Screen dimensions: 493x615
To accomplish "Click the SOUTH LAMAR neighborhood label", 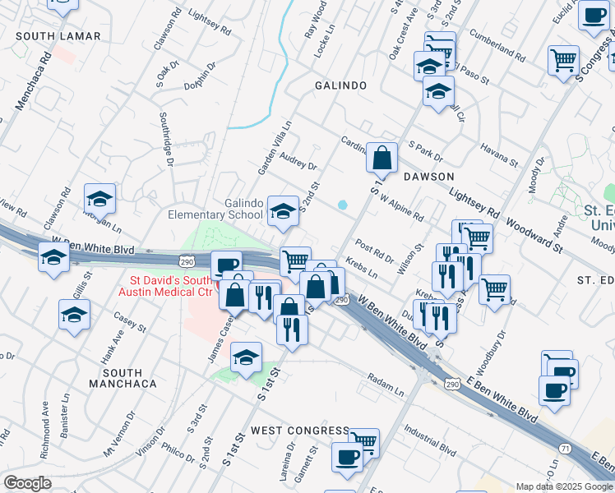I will point(58,36).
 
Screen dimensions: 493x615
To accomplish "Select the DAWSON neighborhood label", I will point(428,177).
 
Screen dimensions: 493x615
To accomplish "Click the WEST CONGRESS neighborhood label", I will point(300,431).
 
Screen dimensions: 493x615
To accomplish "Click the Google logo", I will point(27,482).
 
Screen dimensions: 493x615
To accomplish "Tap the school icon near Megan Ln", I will point(99,198).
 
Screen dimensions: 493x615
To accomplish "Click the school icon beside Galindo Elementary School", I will point(283,211).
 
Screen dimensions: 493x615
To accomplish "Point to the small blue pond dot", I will point(342,205).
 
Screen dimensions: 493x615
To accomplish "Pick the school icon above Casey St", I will point(74,314).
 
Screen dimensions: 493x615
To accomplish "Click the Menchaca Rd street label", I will point(33,81).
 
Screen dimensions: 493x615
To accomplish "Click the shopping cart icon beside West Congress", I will point(363,442).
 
